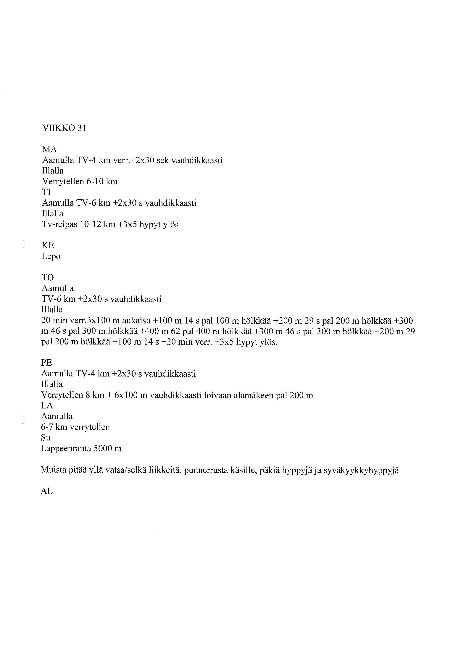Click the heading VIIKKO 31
coord(64,128)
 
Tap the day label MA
coord(49,150)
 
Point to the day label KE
coord(48,245)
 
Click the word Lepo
coord(51,257)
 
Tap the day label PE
coord(47,363)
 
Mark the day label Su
coord(46,438)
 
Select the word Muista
coord(53,470)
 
